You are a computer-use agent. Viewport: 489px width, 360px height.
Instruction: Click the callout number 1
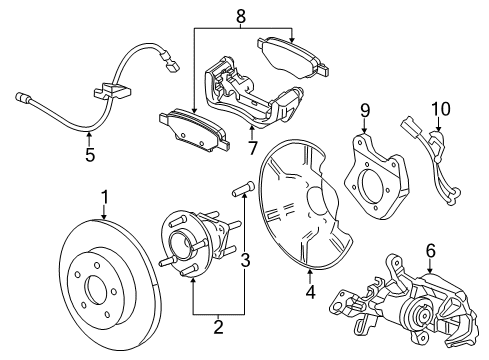click(104, 199)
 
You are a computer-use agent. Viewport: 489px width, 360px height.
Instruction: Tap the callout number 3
click(247, 260)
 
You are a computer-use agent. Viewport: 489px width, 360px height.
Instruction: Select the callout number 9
click(366, 110)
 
